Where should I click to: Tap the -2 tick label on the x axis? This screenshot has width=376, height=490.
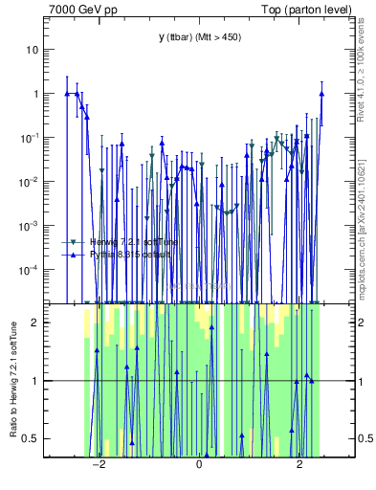point(98,464)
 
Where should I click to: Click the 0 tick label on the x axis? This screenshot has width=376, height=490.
point(199,464)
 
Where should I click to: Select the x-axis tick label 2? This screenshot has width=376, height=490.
point(299,464)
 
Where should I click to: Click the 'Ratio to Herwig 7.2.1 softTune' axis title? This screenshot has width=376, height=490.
point(13,379)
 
